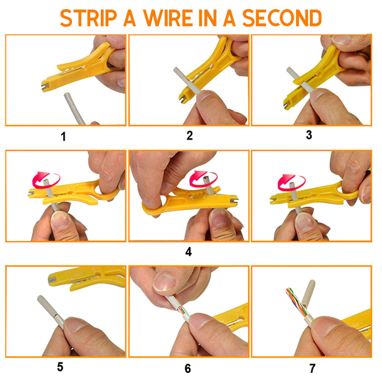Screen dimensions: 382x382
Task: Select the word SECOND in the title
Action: (282, 18)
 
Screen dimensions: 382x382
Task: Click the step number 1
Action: (63, 136)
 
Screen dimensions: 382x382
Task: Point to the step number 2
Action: (189, 135)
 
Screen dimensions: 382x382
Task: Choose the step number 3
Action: (309, 135)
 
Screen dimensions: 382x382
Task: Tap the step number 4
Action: (188, 251)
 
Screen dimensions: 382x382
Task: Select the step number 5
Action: (60, 367)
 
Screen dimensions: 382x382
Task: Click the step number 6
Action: (188, 368)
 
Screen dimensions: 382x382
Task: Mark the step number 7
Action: (312, 368)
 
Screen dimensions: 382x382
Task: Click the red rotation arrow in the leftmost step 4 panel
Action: (46, 180)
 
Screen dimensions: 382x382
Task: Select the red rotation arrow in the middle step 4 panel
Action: (203, 179)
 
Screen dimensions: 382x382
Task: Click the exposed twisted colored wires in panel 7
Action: (296, 301)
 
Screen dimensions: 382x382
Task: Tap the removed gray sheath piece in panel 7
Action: (308, 293)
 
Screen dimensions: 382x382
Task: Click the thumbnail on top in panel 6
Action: (165, 282)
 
